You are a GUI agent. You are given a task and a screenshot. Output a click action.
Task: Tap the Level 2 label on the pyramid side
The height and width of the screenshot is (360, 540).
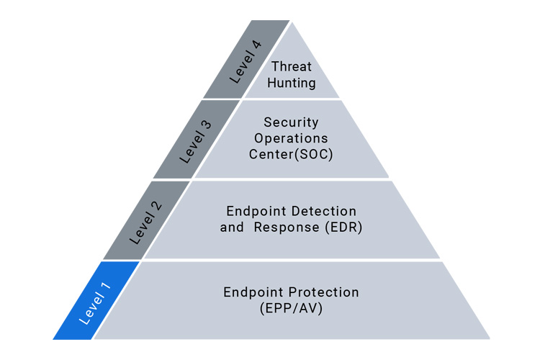[145, 221]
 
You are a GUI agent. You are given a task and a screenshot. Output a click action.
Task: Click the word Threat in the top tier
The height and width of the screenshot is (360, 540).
[291, 67]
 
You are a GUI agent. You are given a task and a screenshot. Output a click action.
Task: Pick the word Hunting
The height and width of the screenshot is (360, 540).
[292, 83]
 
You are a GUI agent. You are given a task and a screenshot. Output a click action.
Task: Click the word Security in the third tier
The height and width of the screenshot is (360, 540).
[291, 122]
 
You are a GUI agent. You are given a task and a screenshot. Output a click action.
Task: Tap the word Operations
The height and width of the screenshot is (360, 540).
[291, 138]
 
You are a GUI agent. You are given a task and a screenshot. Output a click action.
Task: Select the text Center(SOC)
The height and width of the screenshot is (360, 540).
[291, 154]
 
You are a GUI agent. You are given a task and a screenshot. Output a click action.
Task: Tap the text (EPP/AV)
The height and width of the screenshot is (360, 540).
[291, 308]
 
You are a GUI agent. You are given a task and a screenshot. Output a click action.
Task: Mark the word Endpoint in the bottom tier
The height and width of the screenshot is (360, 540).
[252, 292]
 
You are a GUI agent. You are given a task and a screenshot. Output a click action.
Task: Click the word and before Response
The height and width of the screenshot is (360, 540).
[232, 228]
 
